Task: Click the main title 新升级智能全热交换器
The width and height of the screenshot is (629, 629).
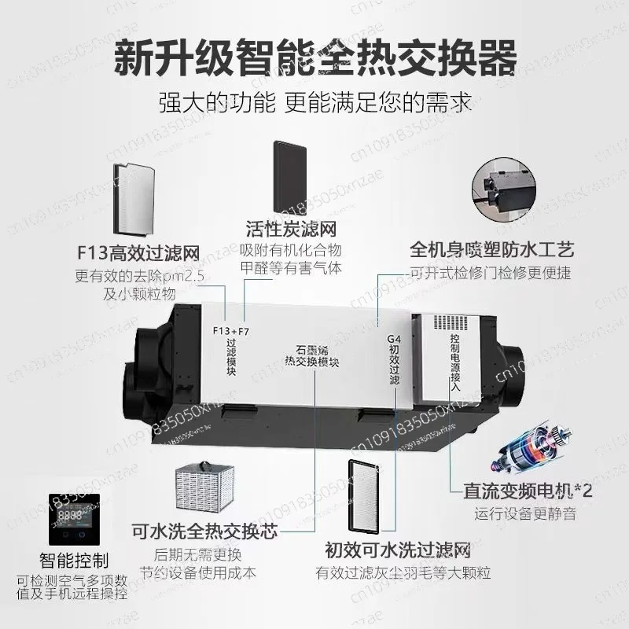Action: (315, 57)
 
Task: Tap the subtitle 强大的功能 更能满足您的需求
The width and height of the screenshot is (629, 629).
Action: (315, 103)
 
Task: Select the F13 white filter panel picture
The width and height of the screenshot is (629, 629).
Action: (134, 200)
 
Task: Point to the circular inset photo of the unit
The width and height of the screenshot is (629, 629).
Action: (504, 190)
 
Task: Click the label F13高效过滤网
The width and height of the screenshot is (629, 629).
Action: (138, 253)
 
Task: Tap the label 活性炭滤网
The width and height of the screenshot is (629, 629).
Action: (291, 230)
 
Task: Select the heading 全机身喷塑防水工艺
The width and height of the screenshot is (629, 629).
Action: (492, 249)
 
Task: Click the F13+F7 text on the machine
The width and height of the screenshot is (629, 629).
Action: (230, 331)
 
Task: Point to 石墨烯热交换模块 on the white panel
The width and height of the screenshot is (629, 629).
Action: (311, 356)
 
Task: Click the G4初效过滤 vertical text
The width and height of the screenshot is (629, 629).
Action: (394, 359)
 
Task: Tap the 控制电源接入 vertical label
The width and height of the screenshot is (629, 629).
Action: (455, 362)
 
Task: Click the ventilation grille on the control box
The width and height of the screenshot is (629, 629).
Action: (451, 322)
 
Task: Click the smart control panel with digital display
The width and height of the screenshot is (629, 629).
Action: (74, 519)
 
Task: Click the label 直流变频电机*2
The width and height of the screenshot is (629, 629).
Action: (528, 491)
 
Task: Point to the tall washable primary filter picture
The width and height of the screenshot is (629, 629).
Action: (363, 498)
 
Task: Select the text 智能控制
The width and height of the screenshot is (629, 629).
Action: (74, 561)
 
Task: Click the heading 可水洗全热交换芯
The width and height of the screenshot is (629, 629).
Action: (204, 532)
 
